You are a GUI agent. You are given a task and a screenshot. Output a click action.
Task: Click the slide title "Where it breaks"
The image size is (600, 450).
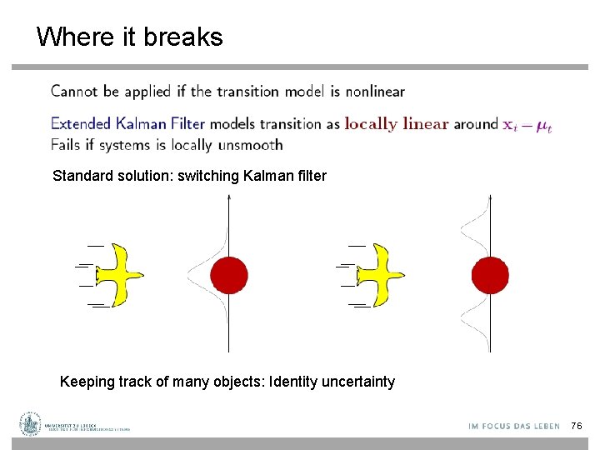point(129,37)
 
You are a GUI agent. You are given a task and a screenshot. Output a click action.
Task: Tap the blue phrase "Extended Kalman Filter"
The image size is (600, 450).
point(127,124)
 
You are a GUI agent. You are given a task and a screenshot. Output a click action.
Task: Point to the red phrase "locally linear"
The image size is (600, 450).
point(397,124)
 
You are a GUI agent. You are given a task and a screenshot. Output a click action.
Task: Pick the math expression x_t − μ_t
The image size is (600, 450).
point(527,125)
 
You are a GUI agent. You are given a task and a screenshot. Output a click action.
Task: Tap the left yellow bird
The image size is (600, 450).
point(119,274)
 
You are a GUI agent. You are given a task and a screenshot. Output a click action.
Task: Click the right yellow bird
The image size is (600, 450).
point(380,274)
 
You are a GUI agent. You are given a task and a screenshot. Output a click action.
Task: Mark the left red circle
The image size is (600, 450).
point(229,275)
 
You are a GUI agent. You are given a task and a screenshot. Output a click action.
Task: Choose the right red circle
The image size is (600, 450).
point(490,275)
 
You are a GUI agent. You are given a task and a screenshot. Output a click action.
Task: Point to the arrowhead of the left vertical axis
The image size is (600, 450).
point(229,197)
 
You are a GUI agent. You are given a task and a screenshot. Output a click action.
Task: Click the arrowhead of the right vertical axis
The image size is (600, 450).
point(490,197)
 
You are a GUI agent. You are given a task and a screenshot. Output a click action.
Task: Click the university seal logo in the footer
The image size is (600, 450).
point(31,424)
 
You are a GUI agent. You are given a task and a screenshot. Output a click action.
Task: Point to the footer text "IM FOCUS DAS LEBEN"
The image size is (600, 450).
point(514,426)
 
